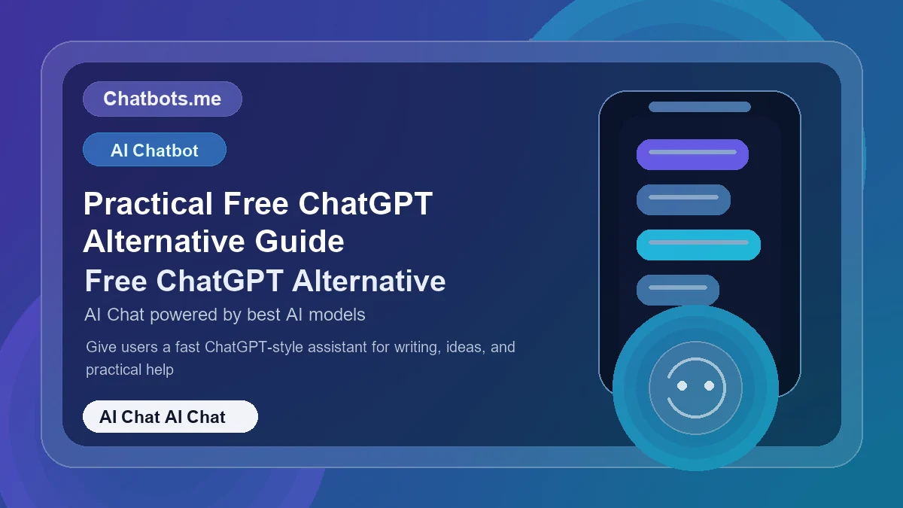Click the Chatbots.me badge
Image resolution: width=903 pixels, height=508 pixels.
click(162, 99)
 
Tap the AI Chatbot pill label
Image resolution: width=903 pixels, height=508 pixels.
click(154, 150)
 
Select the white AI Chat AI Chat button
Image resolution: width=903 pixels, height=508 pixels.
click(170, 417)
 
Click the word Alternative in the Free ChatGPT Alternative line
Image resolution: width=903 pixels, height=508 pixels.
click(369, 281)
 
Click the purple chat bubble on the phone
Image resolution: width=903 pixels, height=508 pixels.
click(692, 154)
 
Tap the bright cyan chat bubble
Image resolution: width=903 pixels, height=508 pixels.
click(698, 245)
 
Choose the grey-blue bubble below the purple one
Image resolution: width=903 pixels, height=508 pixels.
click(683, 199)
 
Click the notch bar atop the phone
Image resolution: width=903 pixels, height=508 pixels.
click(700, 107)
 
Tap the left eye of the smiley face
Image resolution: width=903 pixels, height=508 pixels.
click(683, 385)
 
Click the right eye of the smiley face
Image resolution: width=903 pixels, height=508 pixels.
click(709, 385)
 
